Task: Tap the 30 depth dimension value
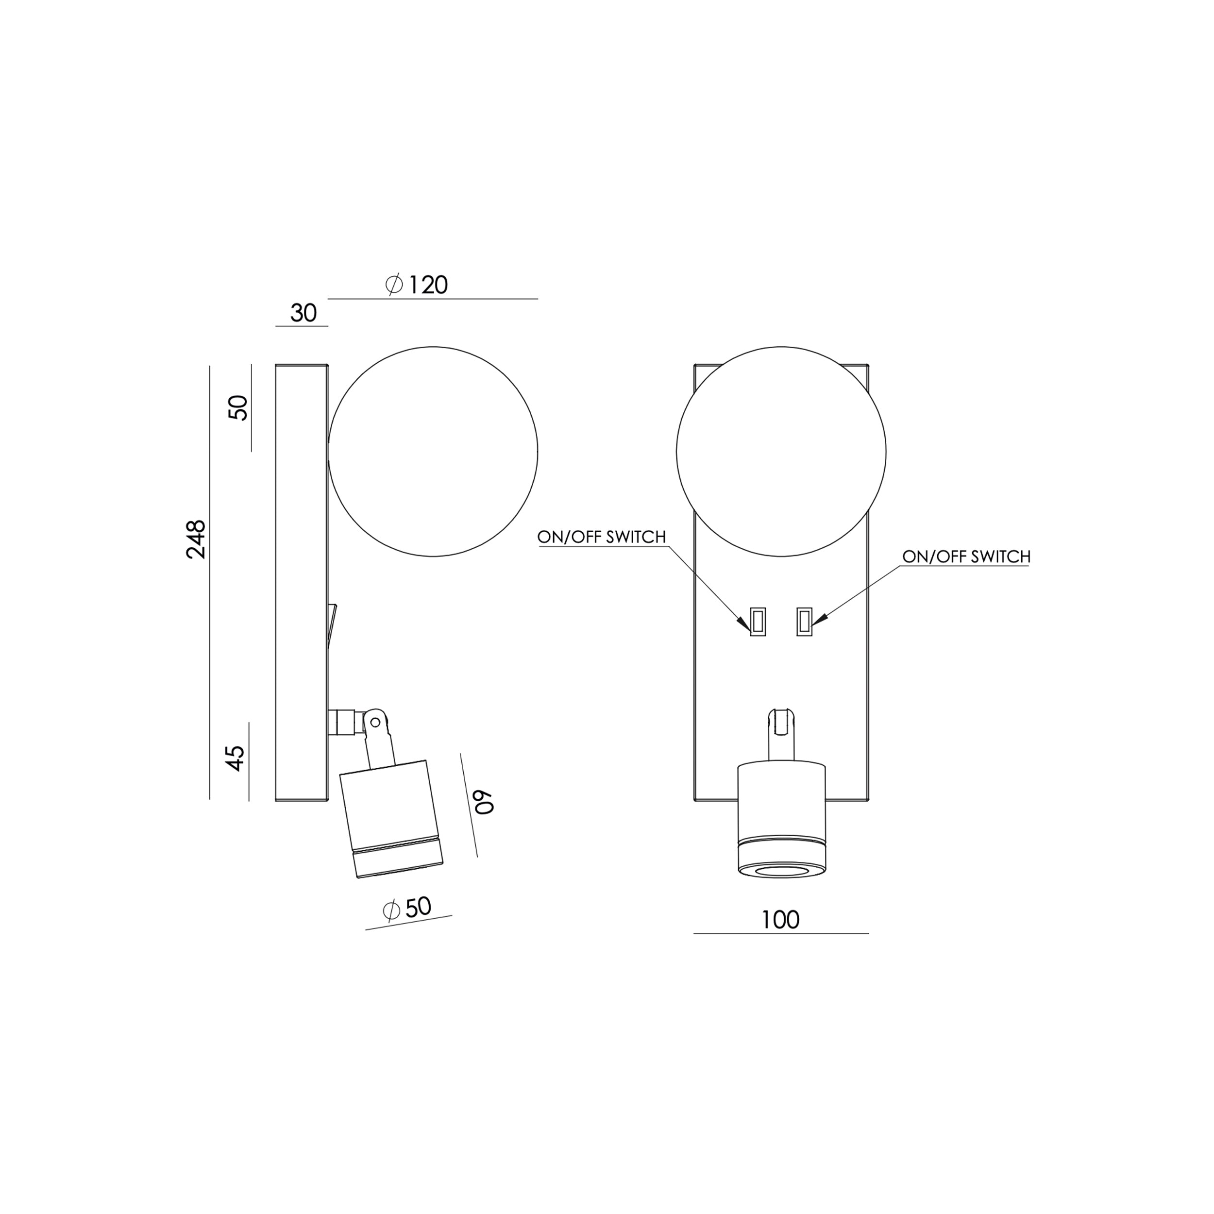(303, 313)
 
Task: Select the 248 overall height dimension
(196, 539)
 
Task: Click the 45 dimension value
(236, 759)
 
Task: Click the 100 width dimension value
(780, 920)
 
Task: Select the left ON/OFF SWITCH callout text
(601, 537)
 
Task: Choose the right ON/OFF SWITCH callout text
(966, 556)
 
